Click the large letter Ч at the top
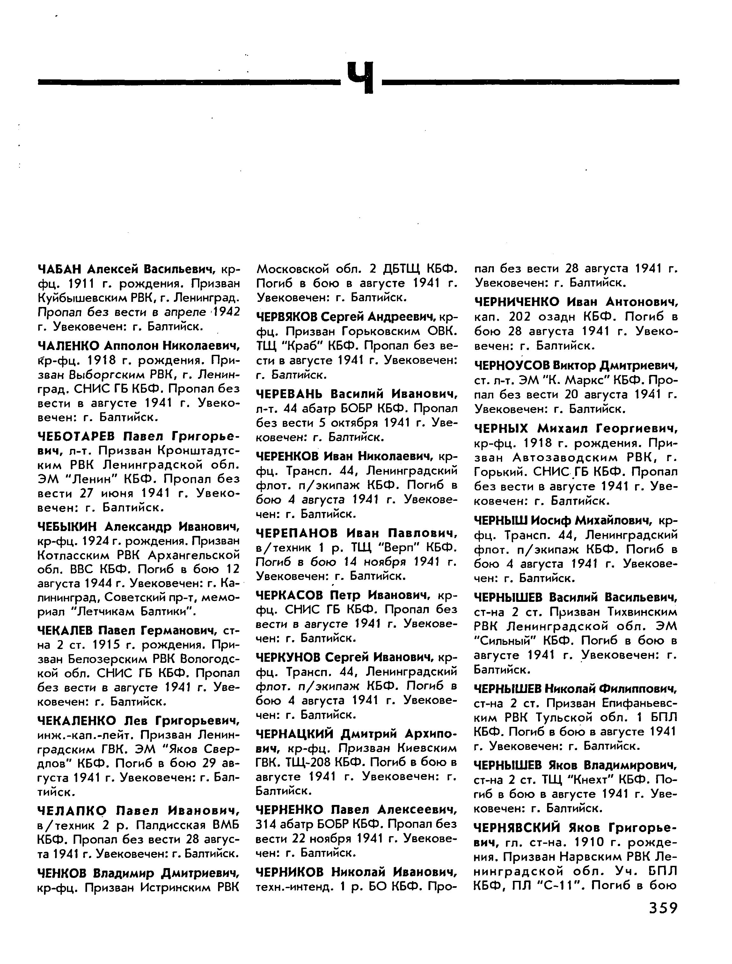[361, 77]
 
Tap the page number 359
[663, 908]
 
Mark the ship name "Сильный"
[506, 641]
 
